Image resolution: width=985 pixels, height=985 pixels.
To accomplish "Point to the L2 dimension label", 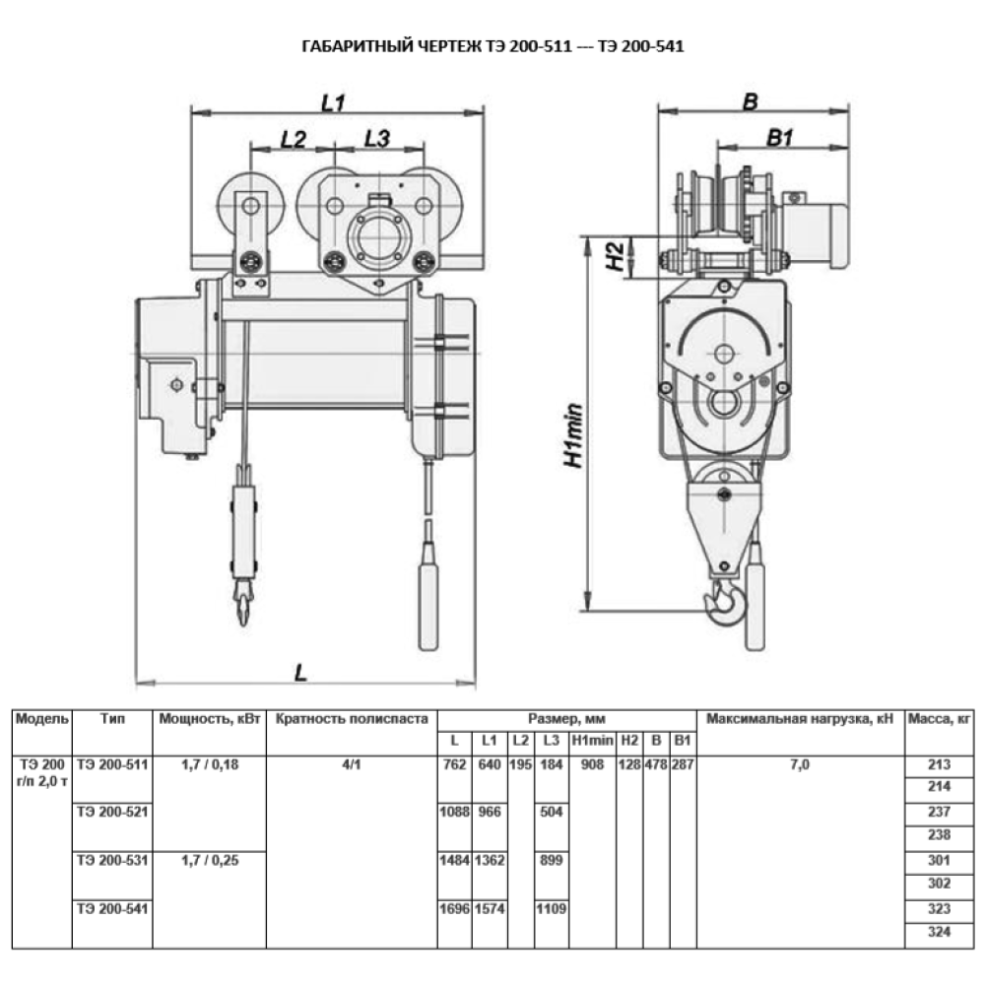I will point(293,139).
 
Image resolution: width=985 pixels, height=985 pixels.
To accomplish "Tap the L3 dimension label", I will point(377,139).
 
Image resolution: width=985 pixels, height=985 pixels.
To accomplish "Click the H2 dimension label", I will point(613,257).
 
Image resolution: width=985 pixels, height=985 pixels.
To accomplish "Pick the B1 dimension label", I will point(780,139).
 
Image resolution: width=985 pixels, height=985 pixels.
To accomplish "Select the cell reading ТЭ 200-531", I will point(112,860).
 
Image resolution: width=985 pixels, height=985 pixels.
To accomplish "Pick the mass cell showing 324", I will point(938,931).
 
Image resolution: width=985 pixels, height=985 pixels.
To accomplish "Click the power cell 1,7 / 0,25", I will point(211,860).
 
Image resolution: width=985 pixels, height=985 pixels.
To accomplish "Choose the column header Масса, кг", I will point(938,719).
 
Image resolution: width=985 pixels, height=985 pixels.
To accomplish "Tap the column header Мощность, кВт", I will point(211,719).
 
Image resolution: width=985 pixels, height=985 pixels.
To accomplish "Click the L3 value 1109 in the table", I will point(552,908).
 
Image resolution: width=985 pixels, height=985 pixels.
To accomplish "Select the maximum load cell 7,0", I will point(800,764).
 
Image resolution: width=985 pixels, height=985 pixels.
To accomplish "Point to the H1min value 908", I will point(593,764).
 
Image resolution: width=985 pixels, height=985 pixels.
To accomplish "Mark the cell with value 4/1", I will point(351,764).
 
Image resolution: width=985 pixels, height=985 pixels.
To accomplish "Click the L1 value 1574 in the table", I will point(490,908).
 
